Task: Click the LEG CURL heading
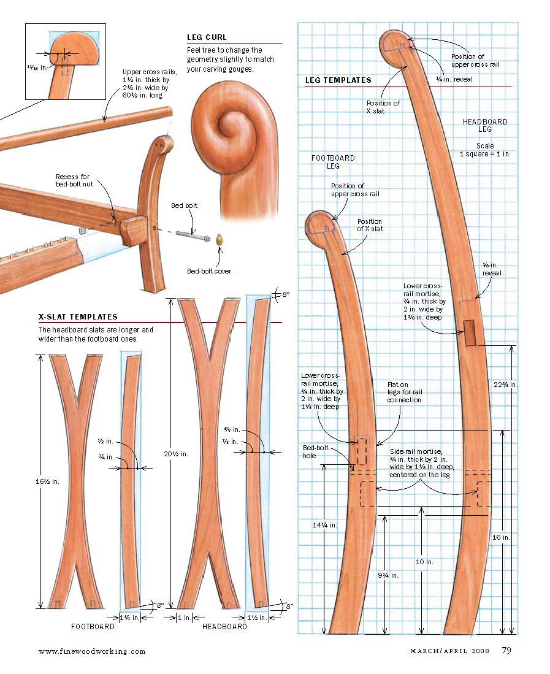point(207,37)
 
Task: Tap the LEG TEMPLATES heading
point(338,80)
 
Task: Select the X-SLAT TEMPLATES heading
point(78,317)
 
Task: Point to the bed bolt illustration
point(193,235)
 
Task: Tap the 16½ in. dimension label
point(47,481)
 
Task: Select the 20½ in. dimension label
point(176,453)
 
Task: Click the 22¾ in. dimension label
point(505,385)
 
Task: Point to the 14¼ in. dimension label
point(325,525)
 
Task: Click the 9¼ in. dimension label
point(388,575)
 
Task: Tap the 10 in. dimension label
point(424,562)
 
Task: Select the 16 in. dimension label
point(501,537)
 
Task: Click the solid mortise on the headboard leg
point(470,332)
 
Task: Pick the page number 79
point(506,650)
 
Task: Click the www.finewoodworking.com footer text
point(92,651)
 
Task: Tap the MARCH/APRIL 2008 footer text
point(449,651)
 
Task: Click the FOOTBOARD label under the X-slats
point(93,627)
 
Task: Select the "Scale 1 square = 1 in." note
point(485,150)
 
